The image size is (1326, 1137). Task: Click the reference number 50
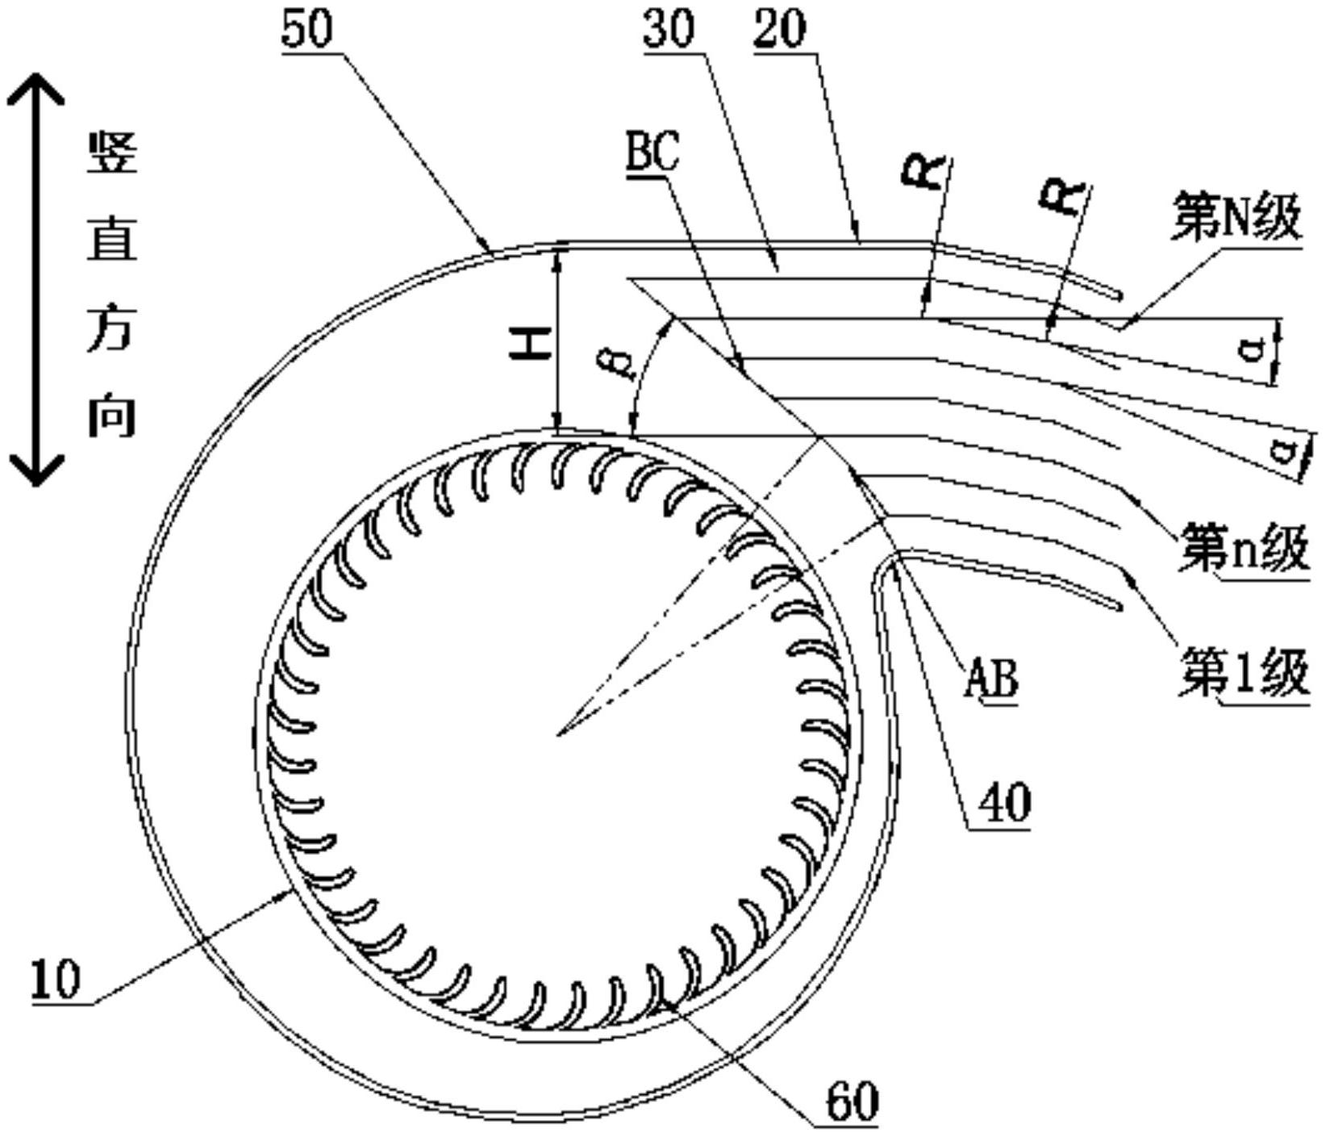[x=306, y=30]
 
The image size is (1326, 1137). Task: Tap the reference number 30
[x=669, y=30]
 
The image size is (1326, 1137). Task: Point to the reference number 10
[x=56, y=980]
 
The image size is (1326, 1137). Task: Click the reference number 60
[x=852, y=1100]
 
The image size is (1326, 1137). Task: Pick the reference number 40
[x=1004, y=803]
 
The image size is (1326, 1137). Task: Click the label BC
[x=653, y=153]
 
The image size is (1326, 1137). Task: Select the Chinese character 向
[x=112, y=415]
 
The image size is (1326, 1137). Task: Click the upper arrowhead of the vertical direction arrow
[x=35, y=85]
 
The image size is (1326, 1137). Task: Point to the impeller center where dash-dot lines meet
[x=557, y=734]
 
